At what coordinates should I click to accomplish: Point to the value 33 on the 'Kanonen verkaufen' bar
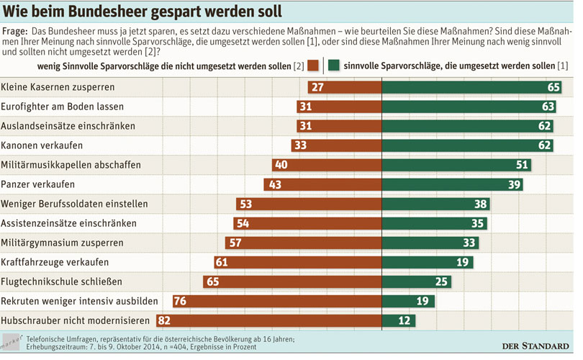click(302, 145)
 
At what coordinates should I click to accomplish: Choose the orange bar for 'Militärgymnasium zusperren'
click(309, 243)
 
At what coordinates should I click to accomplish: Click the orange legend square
click(313, 66)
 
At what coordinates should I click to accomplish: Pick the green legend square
click(334, 66)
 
